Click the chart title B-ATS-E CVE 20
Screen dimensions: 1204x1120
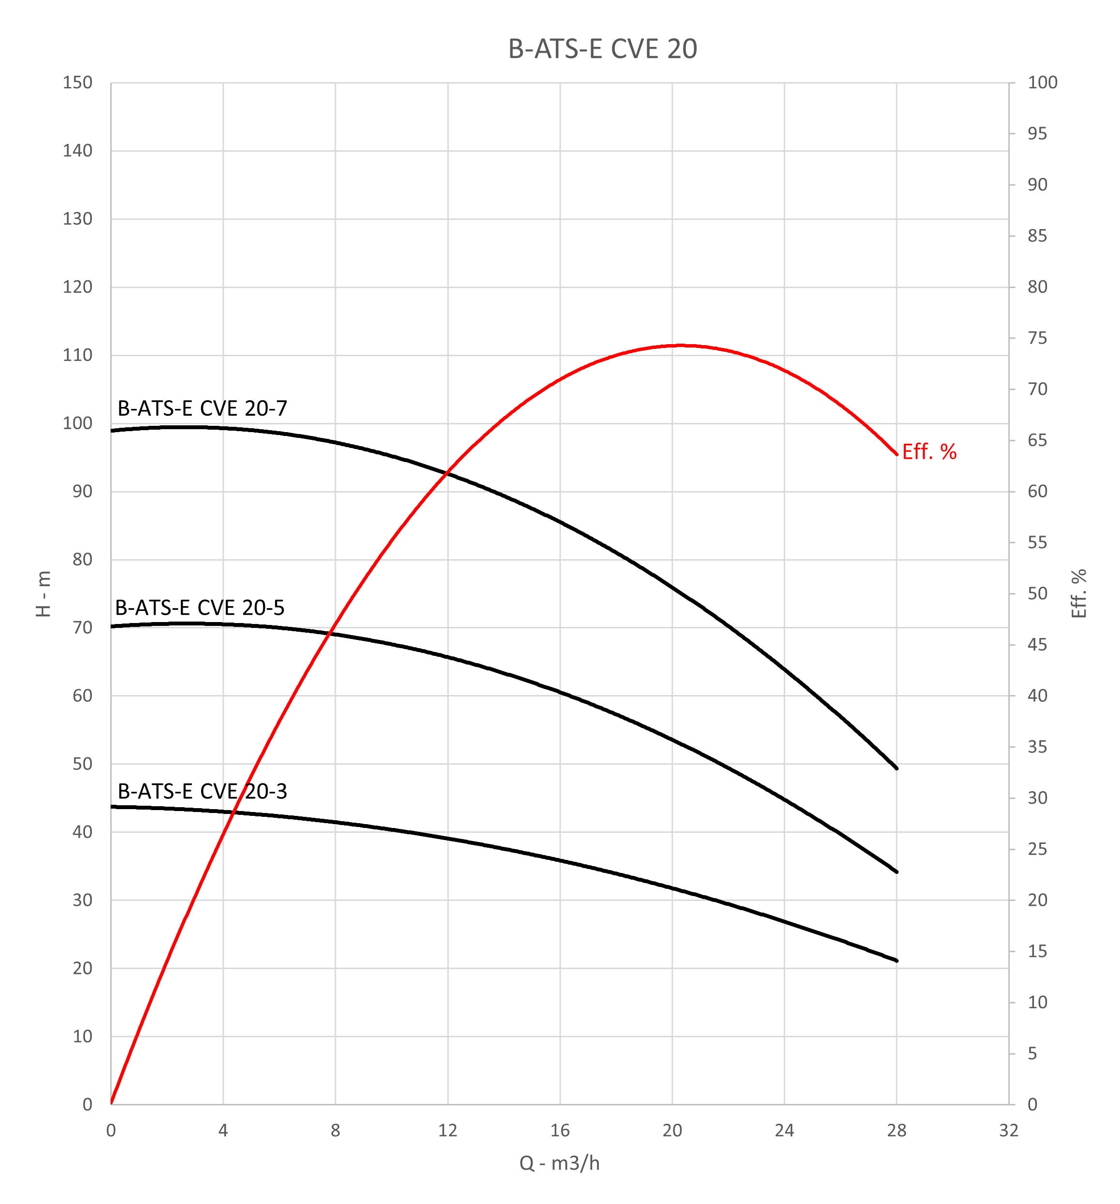(602, 49)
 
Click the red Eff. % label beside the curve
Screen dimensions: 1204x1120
(929, 452)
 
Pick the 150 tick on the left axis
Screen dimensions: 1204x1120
(77, 83)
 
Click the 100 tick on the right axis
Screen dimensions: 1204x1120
(1042, 83)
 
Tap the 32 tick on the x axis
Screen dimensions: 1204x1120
(1008, 1130)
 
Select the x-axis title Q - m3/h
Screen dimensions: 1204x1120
(559, 1163)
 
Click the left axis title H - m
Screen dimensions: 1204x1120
(44, 594)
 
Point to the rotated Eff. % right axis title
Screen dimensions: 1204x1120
(1079, 594)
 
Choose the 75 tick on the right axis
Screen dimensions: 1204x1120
(1037, 338)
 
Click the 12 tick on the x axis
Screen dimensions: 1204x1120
(448, 1130)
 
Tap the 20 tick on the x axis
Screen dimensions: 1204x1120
(672, 1130)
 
